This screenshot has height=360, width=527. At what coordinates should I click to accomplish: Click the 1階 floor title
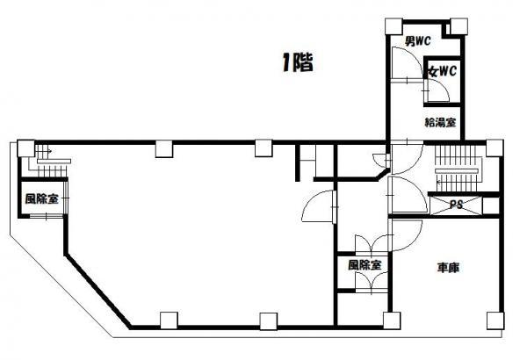[298, 62]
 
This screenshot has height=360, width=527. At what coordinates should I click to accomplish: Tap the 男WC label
[417, 41]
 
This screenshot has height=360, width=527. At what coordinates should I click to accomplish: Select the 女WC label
[442, 71]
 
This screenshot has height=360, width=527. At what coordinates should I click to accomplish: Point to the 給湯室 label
[440, 122]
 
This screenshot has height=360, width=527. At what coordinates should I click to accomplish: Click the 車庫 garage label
[448, 268]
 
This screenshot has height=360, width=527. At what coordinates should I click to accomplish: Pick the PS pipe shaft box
[456, 205]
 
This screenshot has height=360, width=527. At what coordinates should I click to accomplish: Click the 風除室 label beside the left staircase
[41, 198]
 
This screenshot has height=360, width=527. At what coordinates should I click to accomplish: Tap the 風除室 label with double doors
[365, 265]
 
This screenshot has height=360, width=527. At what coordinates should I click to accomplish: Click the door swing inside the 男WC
[408, 64]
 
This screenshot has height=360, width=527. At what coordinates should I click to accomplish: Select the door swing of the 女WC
[437, 90]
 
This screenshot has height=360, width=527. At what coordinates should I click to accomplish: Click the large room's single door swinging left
[319, 206]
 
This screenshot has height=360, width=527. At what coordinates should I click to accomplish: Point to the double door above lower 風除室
[372, 244]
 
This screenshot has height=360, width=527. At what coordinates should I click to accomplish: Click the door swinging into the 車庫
[405, 235]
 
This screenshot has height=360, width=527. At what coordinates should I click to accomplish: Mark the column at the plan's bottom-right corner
[495, 320]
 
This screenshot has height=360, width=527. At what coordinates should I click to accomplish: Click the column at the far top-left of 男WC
[393, 26]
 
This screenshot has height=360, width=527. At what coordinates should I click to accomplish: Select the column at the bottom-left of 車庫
[392, 320]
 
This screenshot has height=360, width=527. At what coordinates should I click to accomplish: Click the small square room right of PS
[491, 205]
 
